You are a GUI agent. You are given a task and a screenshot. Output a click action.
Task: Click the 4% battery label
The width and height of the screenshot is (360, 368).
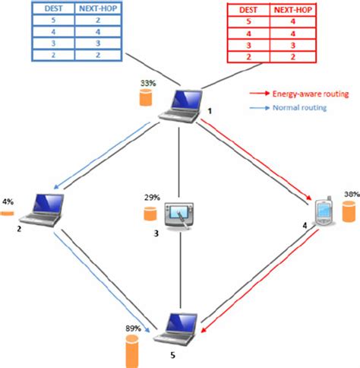(8, 202)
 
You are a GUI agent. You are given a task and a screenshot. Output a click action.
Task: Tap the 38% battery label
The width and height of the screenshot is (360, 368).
(350, 195)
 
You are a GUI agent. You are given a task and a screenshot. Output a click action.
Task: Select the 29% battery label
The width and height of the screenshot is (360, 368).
(151, 198)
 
